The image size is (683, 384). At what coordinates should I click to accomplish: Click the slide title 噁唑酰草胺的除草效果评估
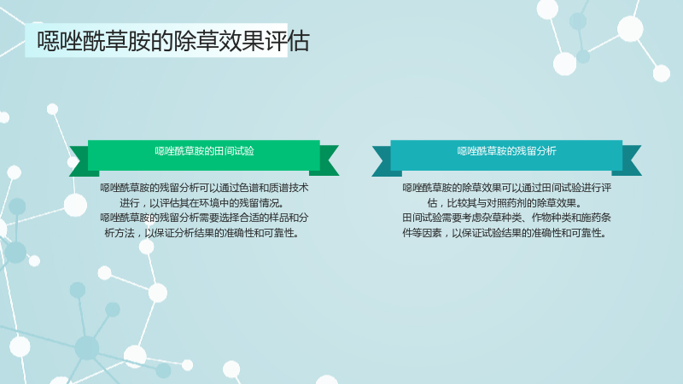pyautogui.click(x=173, y=41)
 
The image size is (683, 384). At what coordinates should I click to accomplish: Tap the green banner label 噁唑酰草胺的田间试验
pyautogui.click(x=204, y=151)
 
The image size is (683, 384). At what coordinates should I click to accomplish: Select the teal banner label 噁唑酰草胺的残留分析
pyautogui.click(x=506, y=151)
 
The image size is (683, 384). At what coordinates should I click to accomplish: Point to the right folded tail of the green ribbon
pyautogui.click(x=329, y=160)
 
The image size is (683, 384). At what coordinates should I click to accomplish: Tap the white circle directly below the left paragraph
pyautogui.click(x=146, y=247)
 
